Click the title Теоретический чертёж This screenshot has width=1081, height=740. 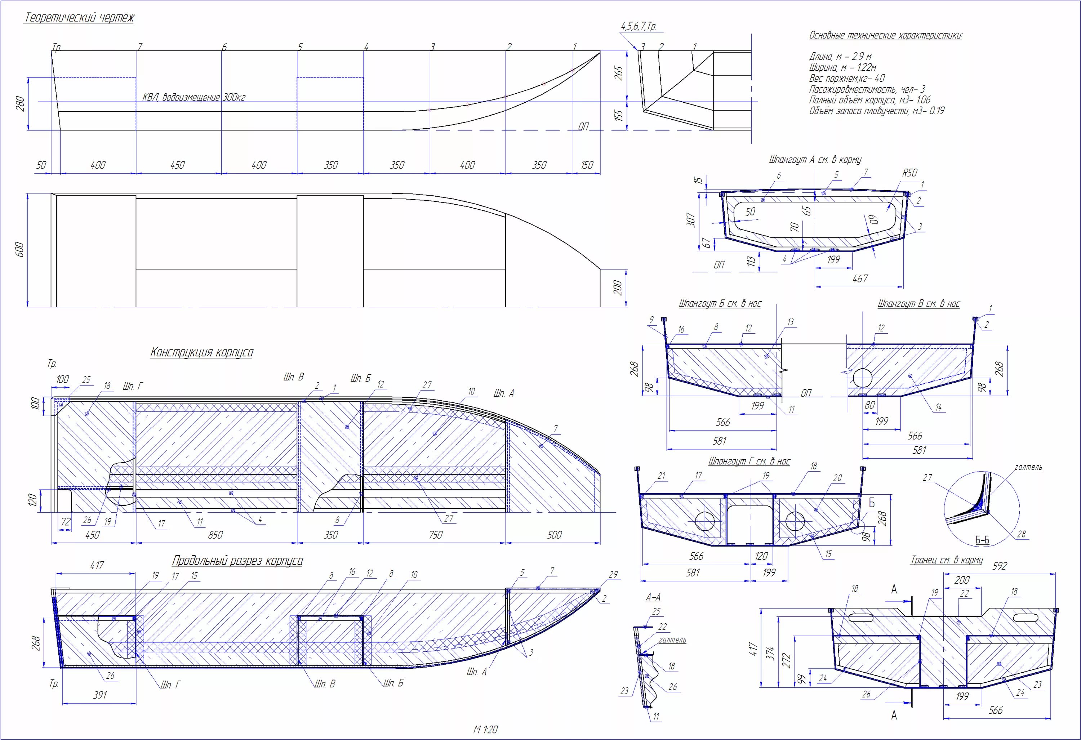[79, 18]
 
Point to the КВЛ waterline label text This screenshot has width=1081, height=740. [194, 97]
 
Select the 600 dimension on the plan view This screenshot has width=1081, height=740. [19, 250]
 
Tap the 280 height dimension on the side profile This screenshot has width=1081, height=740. [20, 103]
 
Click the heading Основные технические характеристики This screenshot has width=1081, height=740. [886, 35]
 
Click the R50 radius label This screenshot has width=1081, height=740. [910, 173]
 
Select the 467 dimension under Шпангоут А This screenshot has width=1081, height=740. [860, 278]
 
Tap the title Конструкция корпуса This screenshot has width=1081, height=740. [202, 352]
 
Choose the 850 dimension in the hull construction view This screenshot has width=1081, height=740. [215, 535]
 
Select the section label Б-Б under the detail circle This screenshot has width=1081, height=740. [982, 540]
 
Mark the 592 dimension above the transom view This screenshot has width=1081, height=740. [1000, 566]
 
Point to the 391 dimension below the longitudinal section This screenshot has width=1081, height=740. [100, 695]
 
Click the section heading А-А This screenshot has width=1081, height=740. [653, 597]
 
